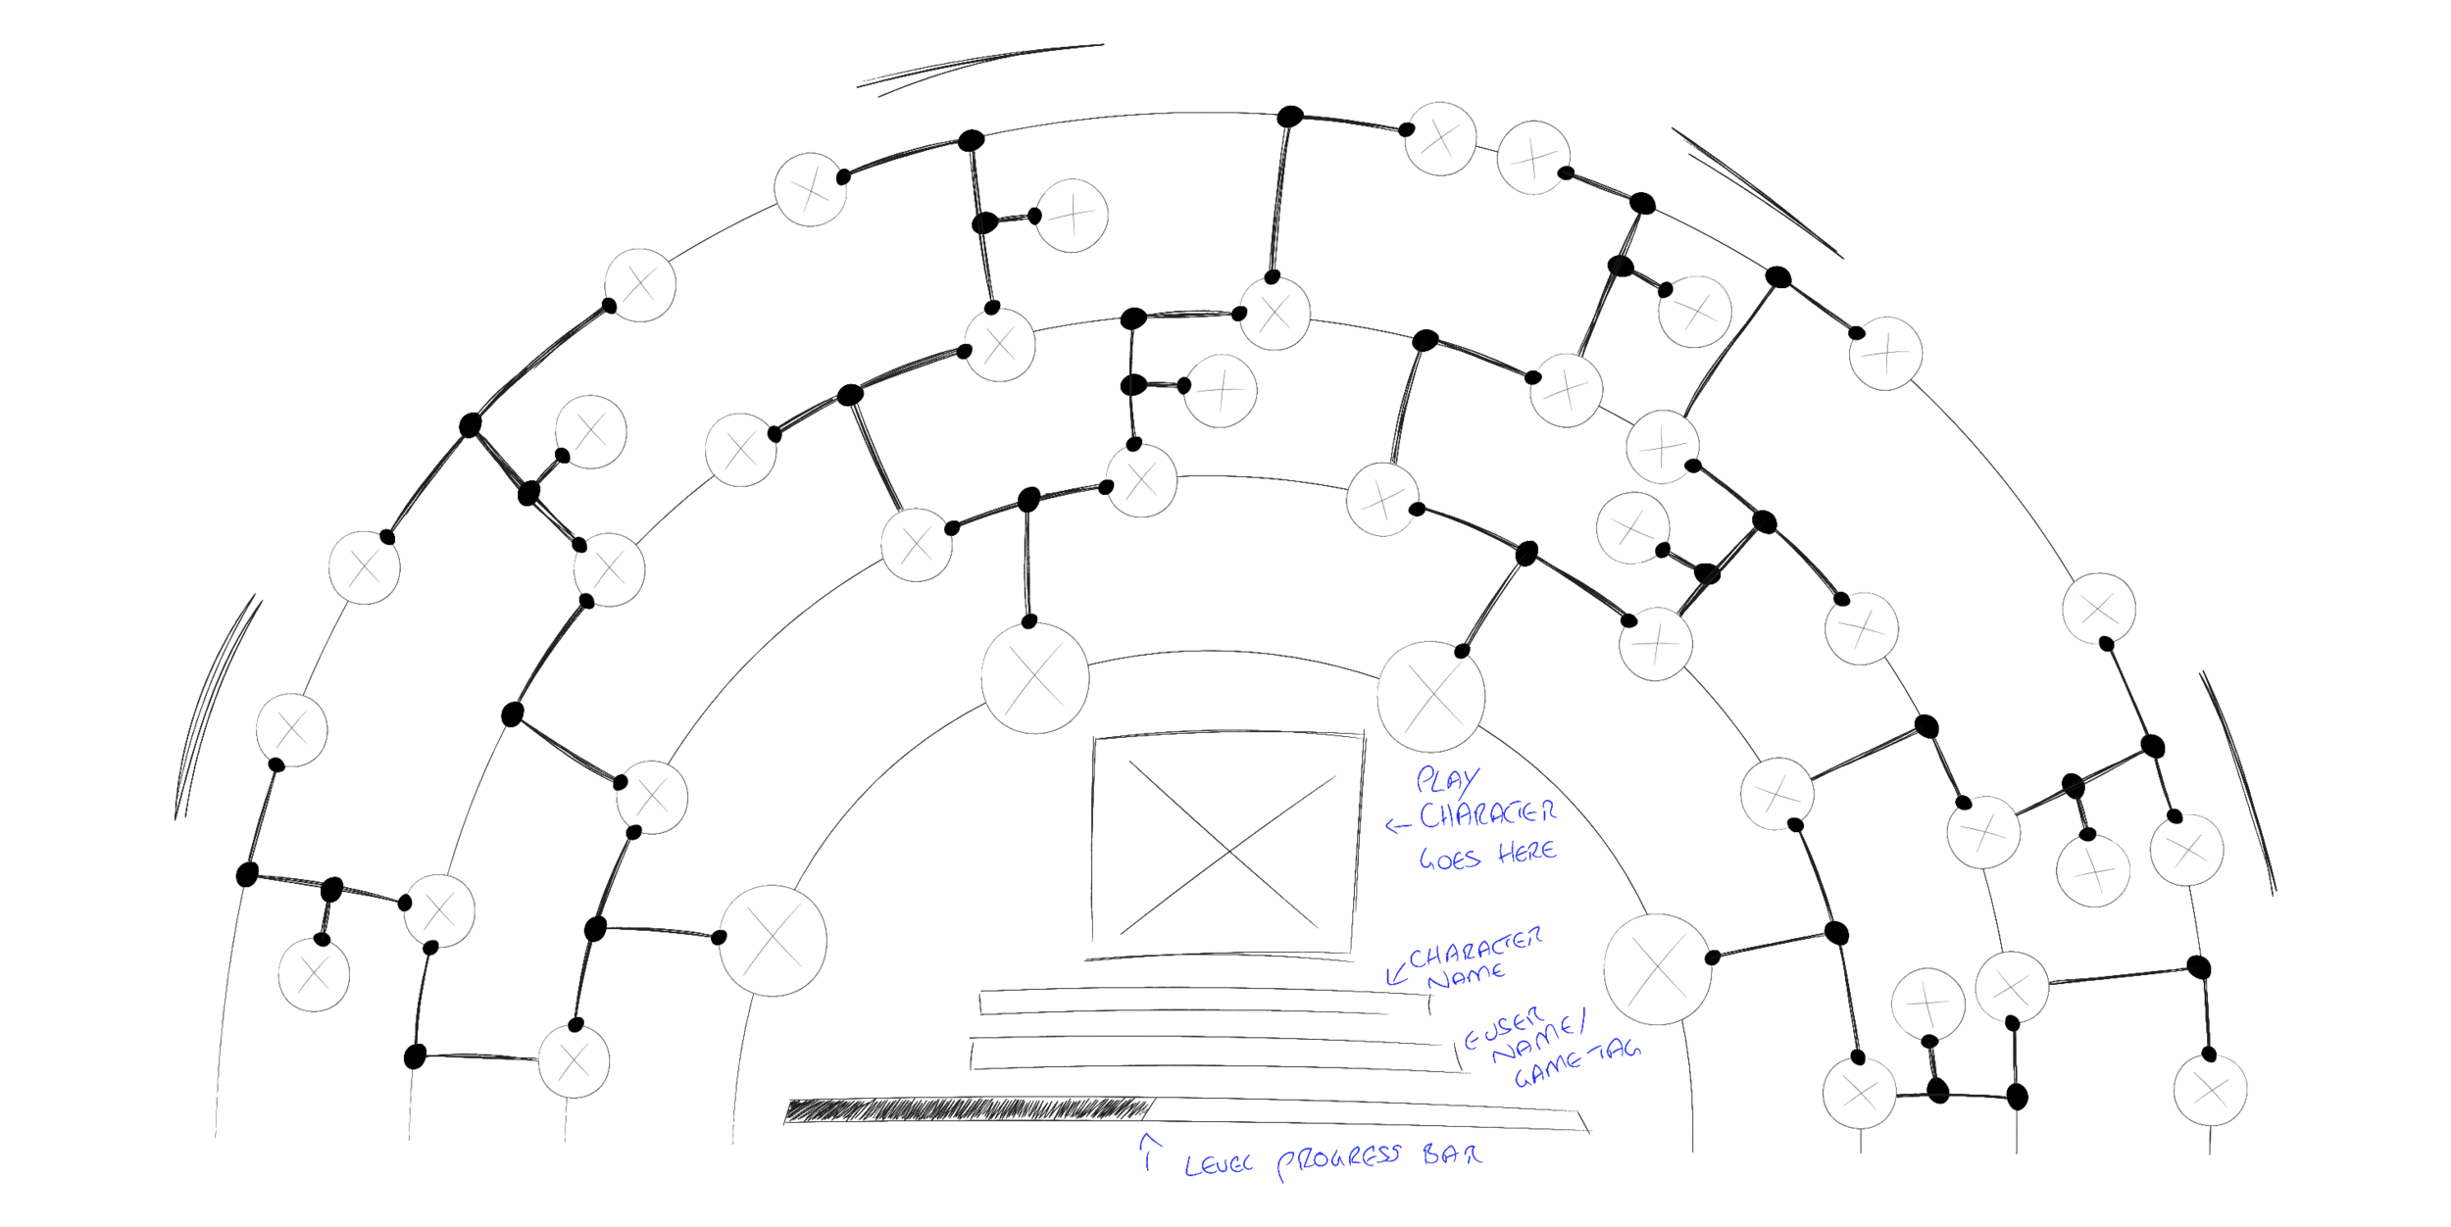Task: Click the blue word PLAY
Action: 1447,779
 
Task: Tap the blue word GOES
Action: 1449,859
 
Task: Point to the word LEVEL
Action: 1218,1164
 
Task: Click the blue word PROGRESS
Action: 1338,1160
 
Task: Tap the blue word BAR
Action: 1452,1154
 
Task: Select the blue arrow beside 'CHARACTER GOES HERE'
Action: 1398,826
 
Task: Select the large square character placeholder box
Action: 1227,843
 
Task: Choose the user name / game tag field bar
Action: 1211,1055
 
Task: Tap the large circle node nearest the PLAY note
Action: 1429,696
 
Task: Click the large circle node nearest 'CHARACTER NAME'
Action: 1657,968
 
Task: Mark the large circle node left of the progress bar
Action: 773,940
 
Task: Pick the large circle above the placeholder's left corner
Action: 1034,677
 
